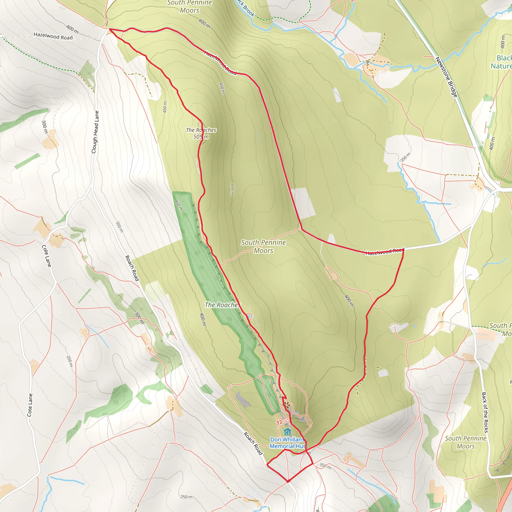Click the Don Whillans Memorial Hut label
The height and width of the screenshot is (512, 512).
coord(287,443)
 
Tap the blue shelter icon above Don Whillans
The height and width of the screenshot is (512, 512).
coord(287,432)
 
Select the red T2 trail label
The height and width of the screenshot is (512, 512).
coord(279,422)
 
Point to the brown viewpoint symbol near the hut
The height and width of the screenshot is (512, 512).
coord(286,405)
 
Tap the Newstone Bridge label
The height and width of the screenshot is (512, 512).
coord(446,77)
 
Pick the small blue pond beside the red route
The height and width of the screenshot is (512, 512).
coord(248,316)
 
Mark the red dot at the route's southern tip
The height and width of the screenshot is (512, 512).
coord(288,481)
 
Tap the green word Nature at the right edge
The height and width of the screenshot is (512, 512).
coord(500,66)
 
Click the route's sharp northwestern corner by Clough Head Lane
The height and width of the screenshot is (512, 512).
coord(109,29)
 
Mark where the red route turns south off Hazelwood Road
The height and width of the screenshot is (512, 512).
coord(403,250)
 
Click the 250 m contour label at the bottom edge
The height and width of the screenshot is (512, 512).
coord(186,497)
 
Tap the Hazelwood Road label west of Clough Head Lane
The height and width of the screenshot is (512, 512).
coord(53,36)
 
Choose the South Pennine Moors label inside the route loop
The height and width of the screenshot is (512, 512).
coord(263,246)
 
